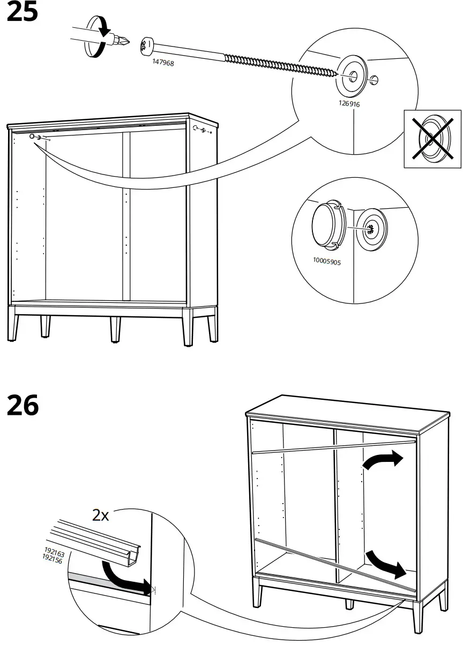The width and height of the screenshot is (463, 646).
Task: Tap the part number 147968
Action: pyautogui.click(x=162, y=63)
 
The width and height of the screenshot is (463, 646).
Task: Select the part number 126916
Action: pyautogui.click(x=349, y=104)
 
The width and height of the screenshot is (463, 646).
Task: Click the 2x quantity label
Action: pyautogui.click(x=100, y=515)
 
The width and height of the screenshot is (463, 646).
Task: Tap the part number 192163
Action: pyautogui.click(x=53, y=551)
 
